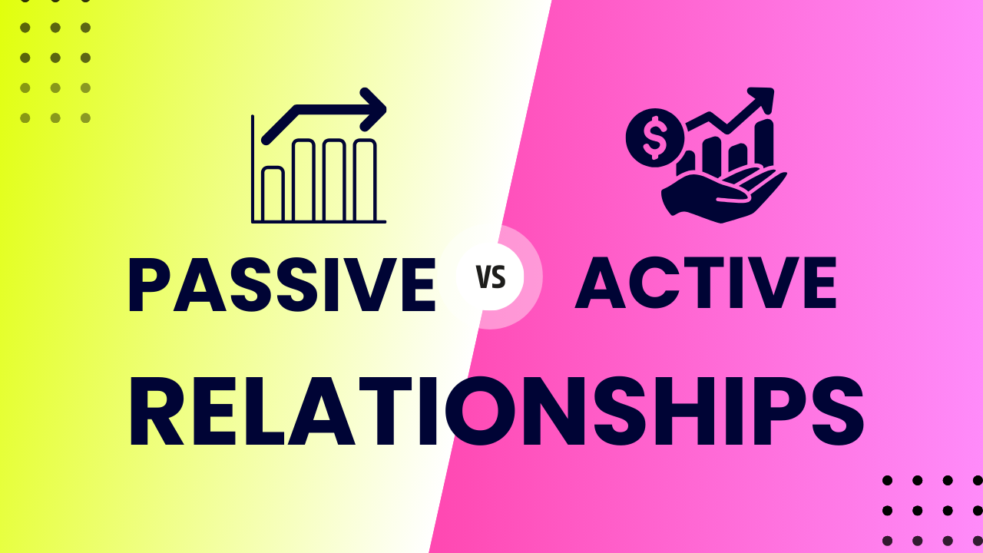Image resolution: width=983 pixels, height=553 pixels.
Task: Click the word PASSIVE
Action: pos(281,284)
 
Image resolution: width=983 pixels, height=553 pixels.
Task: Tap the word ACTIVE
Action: pos(706,284)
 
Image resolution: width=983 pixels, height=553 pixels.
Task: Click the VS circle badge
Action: pos(491,276)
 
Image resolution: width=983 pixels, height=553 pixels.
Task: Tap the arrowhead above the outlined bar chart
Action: pos(374,110)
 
